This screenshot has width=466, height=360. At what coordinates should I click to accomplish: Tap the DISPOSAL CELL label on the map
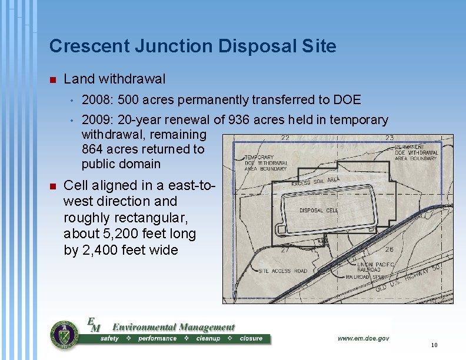pyautogui.click(x=319, y=210)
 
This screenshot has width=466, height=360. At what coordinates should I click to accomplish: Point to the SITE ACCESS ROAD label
pyautogui.click(x=283, y=271)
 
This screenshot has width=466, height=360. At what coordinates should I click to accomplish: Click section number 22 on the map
pyautogui.click(x=285, y=138)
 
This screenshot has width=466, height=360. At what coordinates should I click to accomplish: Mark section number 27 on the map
pyautogui.click(x=284, y=250)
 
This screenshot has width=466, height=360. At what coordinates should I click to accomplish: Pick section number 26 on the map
pyautogui.click(x=389, y=249)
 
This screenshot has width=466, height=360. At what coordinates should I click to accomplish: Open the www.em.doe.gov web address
pyautogui.click(x=363, y=338)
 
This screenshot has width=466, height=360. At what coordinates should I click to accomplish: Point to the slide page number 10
pyautogui.click(x=434, y=345)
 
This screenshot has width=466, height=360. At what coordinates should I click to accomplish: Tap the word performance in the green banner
pyautogui.click(x=157, y=339)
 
